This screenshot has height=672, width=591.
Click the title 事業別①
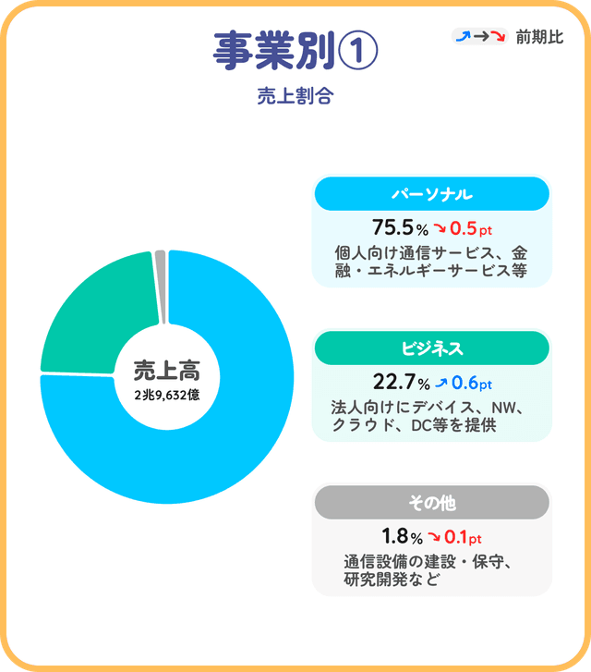coord(295,51)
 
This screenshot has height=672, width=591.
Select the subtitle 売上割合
coord(295,96)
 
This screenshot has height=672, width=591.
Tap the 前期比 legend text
coord(539,37)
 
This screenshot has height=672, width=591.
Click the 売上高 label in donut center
coord(166,371)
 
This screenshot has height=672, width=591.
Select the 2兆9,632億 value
coord(166,396)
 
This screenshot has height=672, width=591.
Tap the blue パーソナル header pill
coord(431,194)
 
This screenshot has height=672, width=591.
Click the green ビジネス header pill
coord(431,348)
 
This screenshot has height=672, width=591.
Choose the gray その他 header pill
coord(431,503)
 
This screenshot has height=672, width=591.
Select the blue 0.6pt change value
coord(472,383)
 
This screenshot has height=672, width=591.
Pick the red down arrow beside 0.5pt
coord(440,228)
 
